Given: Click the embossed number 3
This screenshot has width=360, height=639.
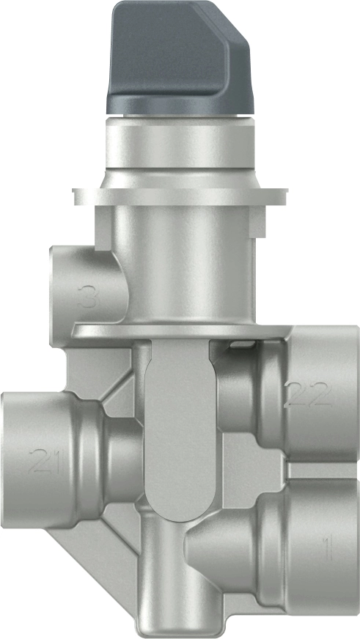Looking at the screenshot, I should tap(89, 298).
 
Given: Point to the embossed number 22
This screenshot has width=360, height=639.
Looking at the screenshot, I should tap(308, 395).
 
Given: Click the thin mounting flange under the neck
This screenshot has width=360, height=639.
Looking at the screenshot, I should tap(180, 196).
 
